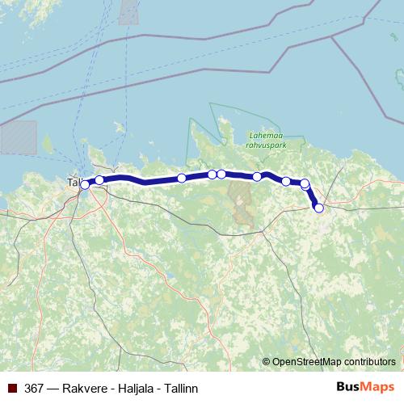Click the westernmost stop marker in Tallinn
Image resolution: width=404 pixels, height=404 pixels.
click(85, 185)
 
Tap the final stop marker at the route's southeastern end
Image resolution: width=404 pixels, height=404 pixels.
click(318, 208)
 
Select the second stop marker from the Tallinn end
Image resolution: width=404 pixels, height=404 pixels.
click(99, 180)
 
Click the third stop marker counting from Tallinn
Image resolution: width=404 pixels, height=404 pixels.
click(182, 178)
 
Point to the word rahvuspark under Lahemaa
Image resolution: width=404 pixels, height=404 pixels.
click(263, 146)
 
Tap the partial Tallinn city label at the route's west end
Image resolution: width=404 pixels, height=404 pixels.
click(74, 183)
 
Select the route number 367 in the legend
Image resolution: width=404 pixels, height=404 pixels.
click(35, 387)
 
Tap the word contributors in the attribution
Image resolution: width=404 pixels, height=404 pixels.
click(369, 361)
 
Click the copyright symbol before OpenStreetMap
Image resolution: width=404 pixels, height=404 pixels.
click(267, 361)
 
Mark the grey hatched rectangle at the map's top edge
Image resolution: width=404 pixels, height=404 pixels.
click(129, 11)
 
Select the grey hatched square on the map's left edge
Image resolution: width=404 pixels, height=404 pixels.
click(18, 137)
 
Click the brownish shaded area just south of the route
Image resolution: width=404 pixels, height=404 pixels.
click(240, 201)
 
